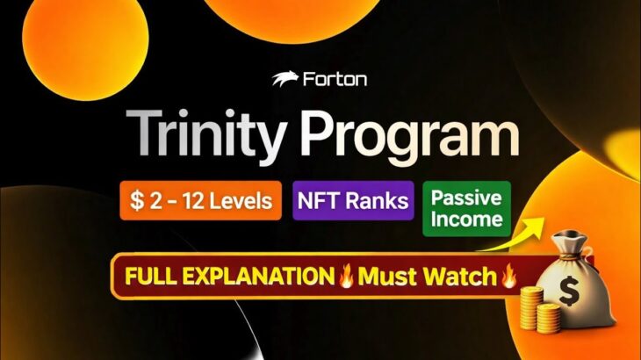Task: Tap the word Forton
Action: point(334,79)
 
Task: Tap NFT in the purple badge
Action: point(322,201)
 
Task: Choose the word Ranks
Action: point(378,201)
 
